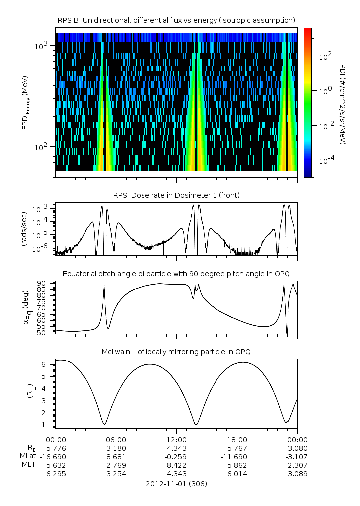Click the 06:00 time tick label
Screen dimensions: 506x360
coord(116,439)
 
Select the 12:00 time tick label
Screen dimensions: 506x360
coord(177,439)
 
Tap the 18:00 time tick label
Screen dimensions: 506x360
coord(237,439)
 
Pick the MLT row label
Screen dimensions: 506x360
coord(28,465)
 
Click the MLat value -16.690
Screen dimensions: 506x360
coord(56,456)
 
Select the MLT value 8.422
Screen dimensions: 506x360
coord(177,465)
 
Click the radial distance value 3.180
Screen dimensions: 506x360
coord(116,448)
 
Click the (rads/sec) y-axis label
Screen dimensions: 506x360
coord(23,228)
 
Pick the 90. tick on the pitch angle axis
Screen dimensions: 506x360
coord(44,283)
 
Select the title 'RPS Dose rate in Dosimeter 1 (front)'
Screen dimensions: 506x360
coord(176,195)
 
